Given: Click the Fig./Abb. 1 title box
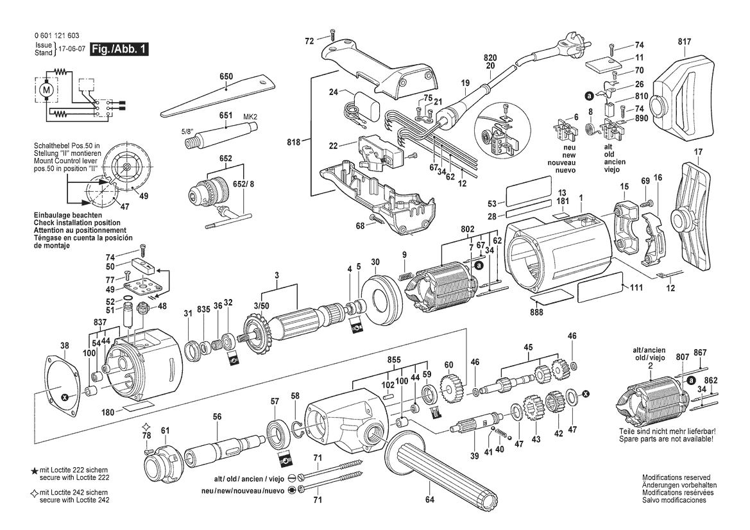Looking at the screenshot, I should click(119, 49).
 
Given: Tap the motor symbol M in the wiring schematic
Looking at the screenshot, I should click(46, 92).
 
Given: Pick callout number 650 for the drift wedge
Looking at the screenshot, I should click(225, 76).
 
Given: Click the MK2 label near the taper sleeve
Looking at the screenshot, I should click(250, 116).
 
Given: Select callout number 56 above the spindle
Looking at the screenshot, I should click(217, 416).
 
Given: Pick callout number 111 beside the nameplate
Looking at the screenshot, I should click(636, 288).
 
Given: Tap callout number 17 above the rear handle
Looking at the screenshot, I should click(698, 152).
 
